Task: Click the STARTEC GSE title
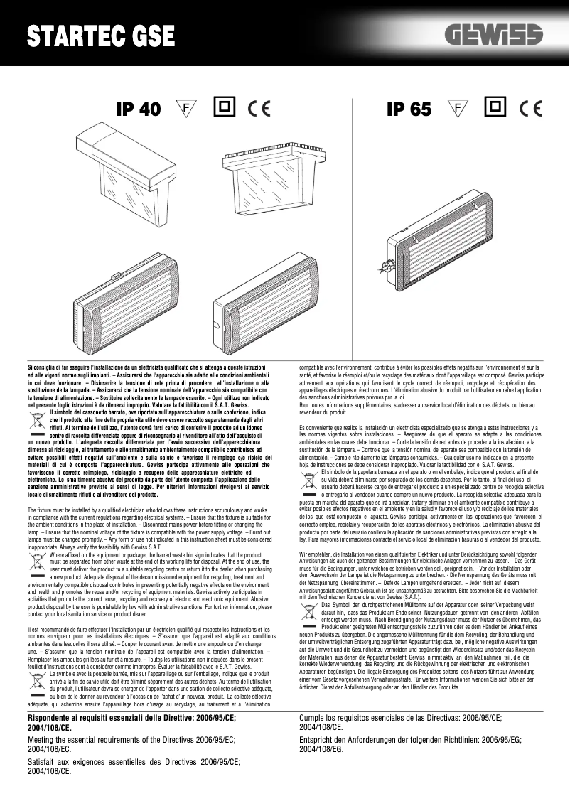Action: [x=100, y=36]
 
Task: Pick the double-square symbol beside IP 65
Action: [x=495, y=107]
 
